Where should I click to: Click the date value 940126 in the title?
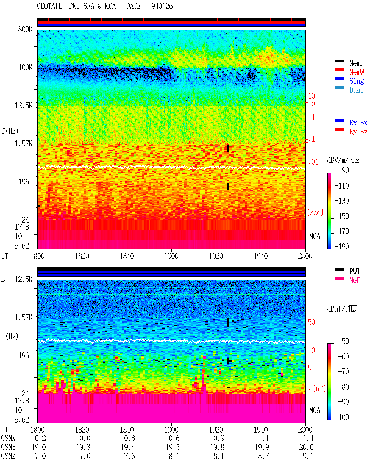click(162, 6)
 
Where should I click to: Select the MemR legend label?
click(357, 63)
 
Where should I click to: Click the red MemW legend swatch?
click(339, 70)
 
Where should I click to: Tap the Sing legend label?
click(357, 81)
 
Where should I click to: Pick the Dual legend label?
click(356, 90)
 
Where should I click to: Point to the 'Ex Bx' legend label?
click(358, 123)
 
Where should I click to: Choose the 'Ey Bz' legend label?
click(358, 132)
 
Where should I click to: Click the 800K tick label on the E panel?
click(25, 29)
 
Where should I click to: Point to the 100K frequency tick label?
click(25, 68)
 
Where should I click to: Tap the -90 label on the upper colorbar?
click(343, 170)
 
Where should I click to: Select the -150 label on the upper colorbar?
click(342, 216)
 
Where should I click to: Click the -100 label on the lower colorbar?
click(342, 417)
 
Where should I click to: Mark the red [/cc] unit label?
click(315, 212)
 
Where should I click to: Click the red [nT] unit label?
click(319, 389)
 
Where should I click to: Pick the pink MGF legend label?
click(355, 280)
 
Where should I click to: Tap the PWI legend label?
click(355, 271)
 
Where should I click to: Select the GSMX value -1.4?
click(306, 438)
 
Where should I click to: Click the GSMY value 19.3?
click(83, 447)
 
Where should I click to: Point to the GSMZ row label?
click(8, 456)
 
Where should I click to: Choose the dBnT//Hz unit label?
click(342, 309)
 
